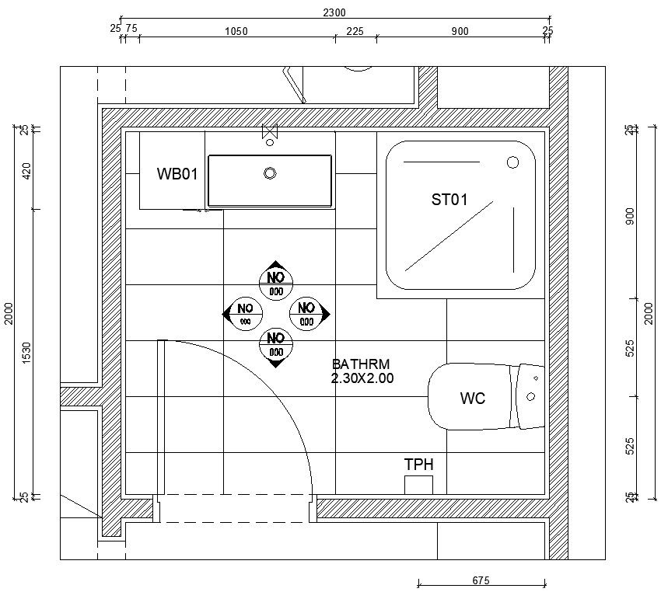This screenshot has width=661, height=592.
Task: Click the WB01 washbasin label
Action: [x=177, y=174]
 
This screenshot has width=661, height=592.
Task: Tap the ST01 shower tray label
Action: [x=449, y=200]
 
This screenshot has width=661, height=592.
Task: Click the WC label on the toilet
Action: [x=472, y=399]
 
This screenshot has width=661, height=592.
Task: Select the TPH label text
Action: [x=418, y=465]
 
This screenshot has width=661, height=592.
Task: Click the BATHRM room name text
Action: [x=360, y=364]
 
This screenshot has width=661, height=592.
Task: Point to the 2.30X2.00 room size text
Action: [x=362, y=378]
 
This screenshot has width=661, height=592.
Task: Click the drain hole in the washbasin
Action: [x=270, y=173]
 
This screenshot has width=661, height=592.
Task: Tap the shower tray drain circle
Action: [x=512, y=162]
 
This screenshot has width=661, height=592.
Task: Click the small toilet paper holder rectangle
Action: [x=418, y=484]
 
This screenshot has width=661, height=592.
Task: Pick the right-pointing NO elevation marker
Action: [x=309, y=313]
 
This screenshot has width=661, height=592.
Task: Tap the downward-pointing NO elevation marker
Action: [x=275, y=345]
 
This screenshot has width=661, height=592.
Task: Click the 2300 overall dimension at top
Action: [x=334, y=12]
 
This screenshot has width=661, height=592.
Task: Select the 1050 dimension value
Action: [x=236, y=32]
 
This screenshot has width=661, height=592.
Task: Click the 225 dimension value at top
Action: [x=355, y=32]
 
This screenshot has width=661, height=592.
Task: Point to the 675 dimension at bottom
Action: [x=481, y=580]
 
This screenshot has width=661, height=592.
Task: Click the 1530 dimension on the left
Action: [x=26, y=353]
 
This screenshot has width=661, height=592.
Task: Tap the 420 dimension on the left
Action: [x=26, y=171]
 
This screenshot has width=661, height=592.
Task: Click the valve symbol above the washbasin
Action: [x=270, y=133]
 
